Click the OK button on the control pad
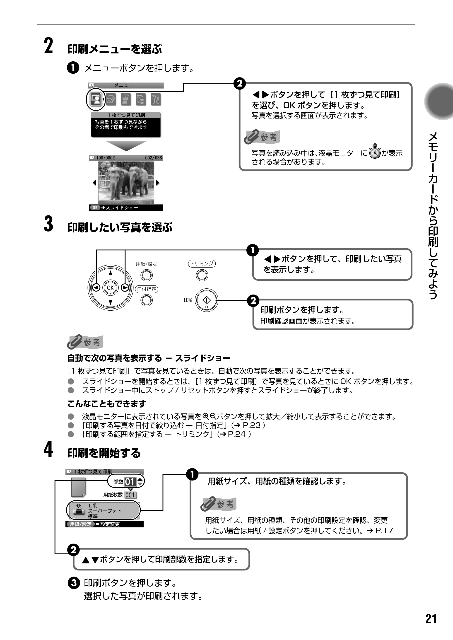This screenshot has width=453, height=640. pyautogui.click(x=111, y=288)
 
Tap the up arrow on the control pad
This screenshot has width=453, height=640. pyautogui.click(x=111, y=273)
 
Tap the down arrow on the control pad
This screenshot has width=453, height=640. pyautogui.click(x=111, y=302)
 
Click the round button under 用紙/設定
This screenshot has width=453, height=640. pyautogui.click(x=147, y=276)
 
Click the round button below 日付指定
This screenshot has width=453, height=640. pyautogui.click(x=147, y=300)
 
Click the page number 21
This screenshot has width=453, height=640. pyautogui.click(x=431, y=618)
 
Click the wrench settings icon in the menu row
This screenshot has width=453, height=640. pyautogui.click(x=156, y=99)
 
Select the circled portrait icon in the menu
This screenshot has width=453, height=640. pyautogui.click(x=96, y=99)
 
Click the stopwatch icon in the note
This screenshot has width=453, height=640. pyautogui.click(x=375, y=152)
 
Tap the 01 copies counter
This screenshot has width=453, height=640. pyautogui.click(x=130, y=482)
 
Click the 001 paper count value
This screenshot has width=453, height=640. pyautogui.click(x=130, y=495)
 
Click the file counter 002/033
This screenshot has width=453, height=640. pyautogui.click(x=153, y=158)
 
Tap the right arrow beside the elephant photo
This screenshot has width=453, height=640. pyautogui.click(x=158, y=183)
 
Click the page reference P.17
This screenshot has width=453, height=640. pyautogui.click(x=384, y=530)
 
